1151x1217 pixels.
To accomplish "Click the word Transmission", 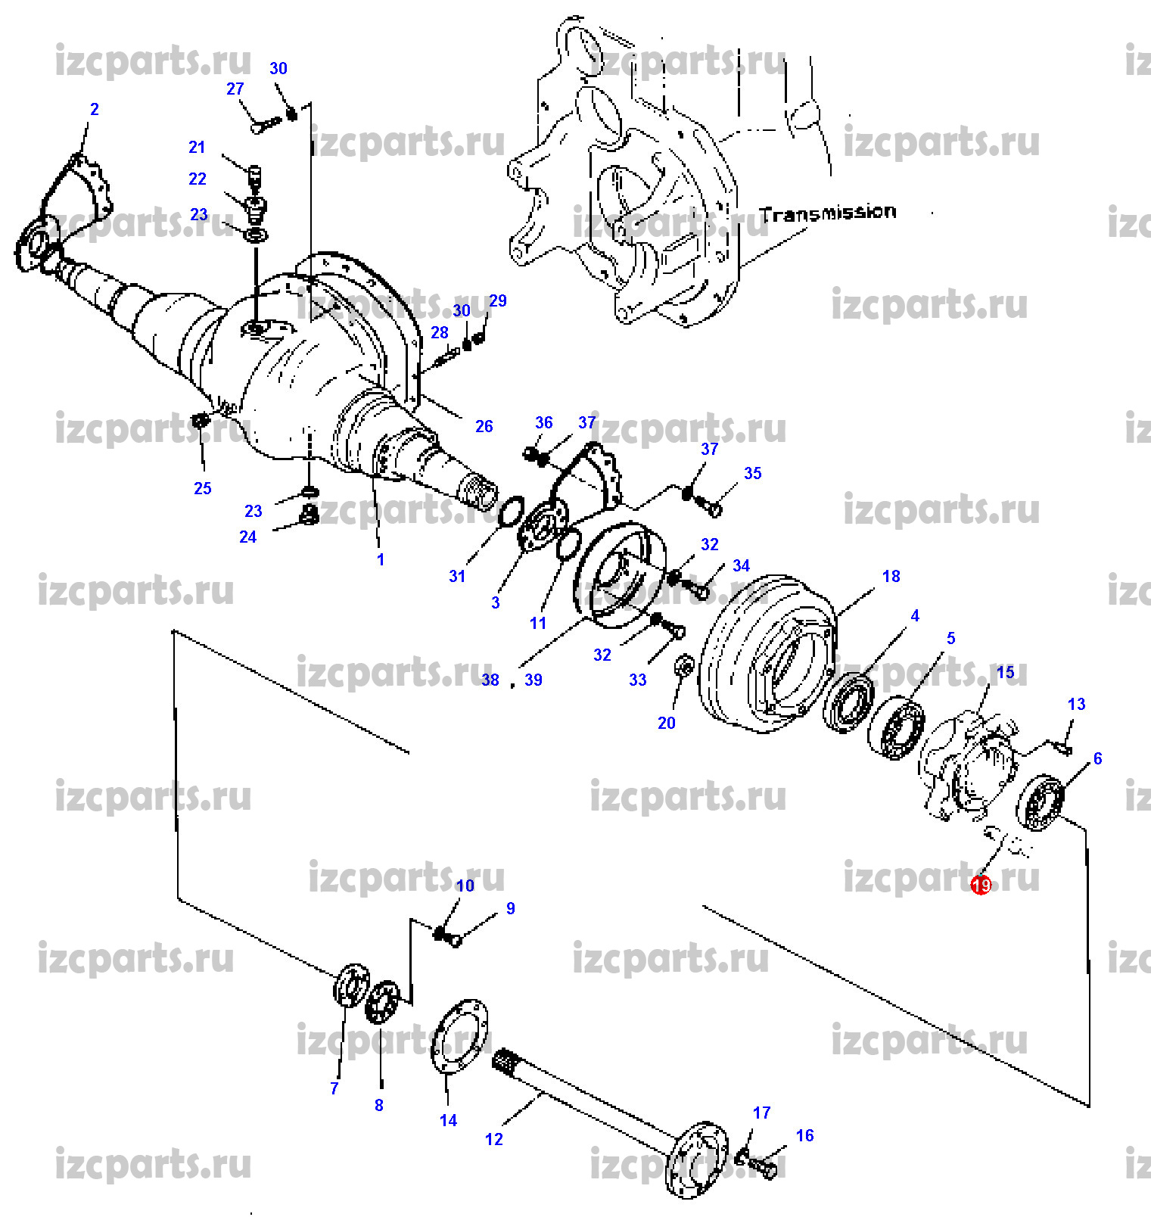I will pos(828,213).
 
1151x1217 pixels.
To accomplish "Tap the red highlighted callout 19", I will pos(981,885).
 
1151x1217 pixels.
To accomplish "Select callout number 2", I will pos(94,109).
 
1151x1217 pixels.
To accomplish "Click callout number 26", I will pos(484,426).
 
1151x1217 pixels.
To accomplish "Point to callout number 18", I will pos(891,576).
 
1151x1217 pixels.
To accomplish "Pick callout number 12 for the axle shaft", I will pos(493,1139).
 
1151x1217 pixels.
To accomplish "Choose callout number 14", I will pos(448,1120).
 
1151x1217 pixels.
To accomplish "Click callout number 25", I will pos(202,488).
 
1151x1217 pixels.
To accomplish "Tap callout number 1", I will pos(381,559).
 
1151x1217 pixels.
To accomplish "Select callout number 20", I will pos(666,723).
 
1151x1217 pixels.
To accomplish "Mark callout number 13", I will pos(1076,704).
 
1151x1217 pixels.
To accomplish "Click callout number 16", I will pos(804,1135).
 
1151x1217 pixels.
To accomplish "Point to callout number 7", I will pos(334,1088).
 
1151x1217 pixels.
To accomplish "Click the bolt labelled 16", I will pos(764,1168).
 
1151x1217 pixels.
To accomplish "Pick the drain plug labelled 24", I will pos(309,515).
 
